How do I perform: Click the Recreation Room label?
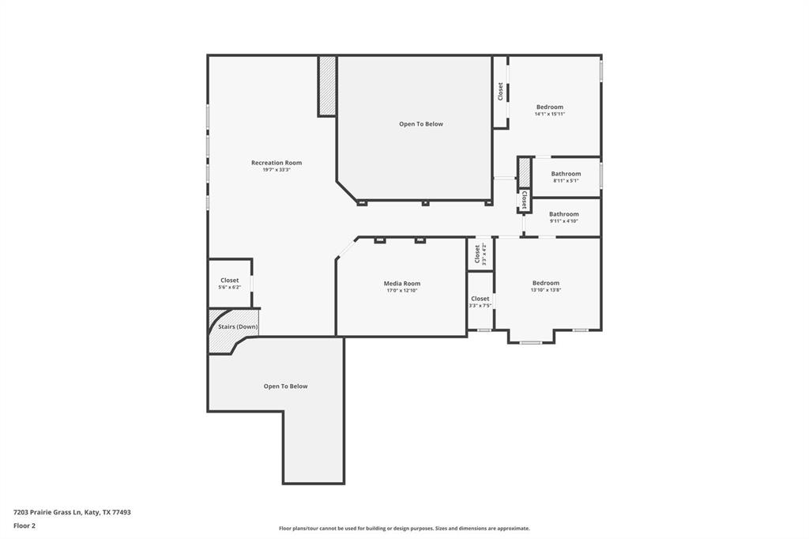click(x=277, y=163)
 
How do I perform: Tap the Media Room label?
click(x=402, y=284)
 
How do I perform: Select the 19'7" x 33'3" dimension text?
click(x=277, y=170)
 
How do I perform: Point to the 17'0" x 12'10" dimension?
click(x=402, y=291)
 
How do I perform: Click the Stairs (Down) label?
click(x=238, y=327)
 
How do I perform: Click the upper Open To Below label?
click(x=421, y=124)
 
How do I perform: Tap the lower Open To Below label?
click(x=285, y=386)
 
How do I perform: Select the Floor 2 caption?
click(x=24, y=526)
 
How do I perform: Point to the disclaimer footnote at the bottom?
click(x=404, y=529)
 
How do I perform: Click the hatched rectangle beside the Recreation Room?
click(x=326, y=85)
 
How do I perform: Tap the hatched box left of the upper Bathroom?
click(x=525, y=172)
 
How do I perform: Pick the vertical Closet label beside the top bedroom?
click(x=500, y=92)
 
